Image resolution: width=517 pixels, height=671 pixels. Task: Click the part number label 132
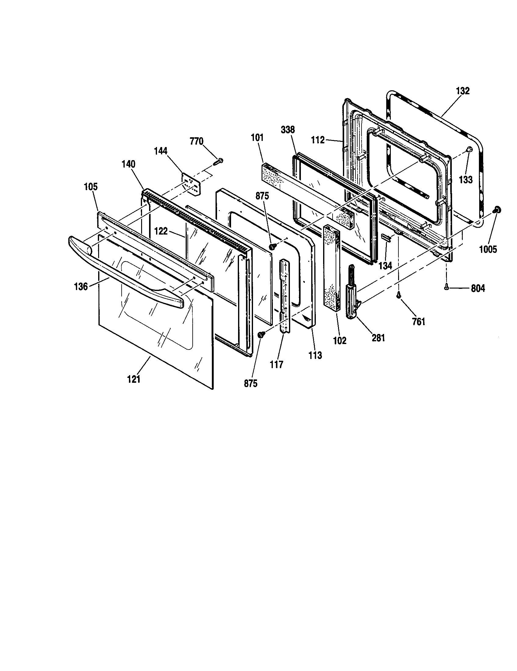point(463,91)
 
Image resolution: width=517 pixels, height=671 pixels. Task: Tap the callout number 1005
point(488,249)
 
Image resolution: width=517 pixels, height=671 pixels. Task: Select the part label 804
point(478,289)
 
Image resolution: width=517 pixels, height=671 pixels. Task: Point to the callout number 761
point(419,322)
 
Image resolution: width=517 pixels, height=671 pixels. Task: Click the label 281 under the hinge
point(378,338)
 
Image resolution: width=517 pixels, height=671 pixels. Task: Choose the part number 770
point(197,141)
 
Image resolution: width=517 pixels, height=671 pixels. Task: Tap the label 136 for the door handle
point(81,287)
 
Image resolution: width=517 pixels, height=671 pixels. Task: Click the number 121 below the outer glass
point(134,379)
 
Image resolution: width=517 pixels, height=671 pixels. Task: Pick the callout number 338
point(288,130)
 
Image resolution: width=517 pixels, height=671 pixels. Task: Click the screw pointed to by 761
point(399,295)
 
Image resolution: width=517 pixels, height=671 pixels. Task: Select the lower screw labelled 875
point(261,335)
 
